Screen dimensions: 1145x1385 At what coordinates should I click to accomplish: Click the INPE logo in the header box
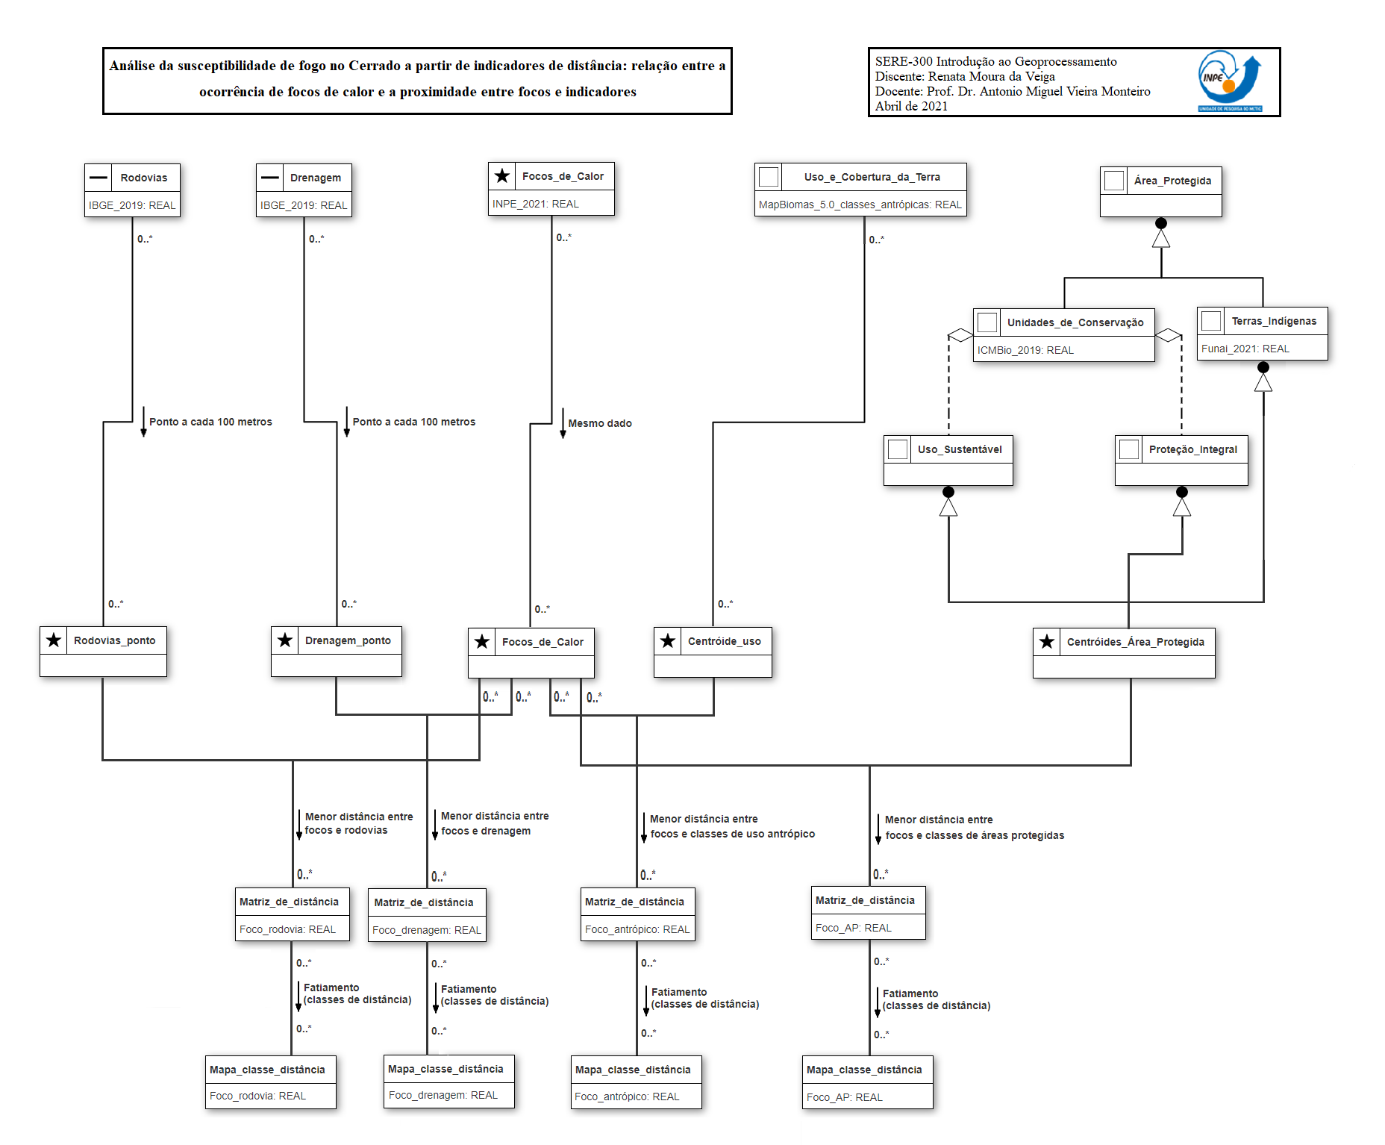pyautogui.click(x=1229, y=81)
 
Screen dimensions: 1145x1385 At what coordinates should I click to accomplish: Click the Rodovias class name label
pyautogui.click(x=144, y=178)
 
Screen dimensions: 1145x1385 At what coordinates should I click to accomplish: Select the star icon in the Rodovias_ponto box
pyautogui.click(x=54, y=640)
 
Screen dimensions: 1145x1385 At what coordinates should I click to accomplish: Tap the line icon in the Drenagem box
pyautogui.click(x=270, y=178)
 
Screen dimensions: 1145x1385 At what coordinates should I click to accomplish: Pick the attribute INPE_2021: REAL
pyautogui.click(x=535, y=204)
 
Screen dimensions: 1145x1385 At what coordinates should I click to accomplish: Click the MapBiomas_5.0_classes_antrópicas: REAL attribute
pyautogui.click(x=860, y=205)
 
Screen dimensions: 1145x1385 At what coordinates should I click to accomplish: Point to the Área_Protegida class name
pyautogui.click(x=1172, y=181)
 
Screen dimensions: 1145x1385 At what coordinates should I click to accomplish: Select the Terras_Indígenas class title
pyautogui.click(x=1274, y=321)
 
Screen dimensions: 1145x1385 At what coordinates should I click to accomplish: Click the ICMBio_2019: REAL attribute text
pyautogui.click(x=1025, y=350)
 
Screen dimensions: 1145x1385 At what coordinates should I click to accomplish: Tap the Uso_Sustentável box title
pyautogui.click(x=960, y=449)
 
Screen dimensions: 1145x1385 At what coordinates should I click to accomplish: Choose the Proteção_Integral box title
pyautogui.click(x=1192, y=449)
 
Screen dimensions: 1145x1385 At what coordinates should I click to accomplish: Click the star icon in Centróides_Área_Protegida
pyautogui.click(x=1047, y=642)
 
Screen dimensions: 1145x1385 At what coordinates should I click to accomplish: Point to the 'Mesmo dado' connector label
pyautogui.click(x=600, y=423)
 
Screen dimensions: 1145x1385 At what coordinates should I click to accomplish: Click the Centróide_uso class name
pyautogui.click(x=724, y=641)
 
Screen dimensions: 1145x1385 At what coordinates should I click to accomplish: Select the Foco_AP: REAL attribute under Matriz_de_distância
pyautogui.click(x=853, y=928)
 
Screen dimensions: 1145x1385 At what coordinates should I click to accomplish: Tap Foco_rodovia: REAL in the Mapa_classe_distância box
pyautogui.click(x=257, y=1096)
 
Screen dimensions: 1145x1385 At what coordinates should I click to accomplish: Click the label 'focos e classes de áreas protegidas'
pyautogui.click(x=975, y=835)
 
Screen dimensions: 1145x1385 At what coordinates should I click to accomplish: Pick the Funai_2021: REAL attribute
pyautogui.click(x=1245, y=349)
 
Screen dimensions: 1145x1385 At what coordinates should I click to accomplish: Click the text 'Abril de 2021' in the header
pyautogui.click(x=911, y=106)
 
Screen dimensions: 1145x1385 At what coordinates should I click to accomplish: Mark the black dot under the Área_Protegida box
pyautogui.click(x=1160, y=223)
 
